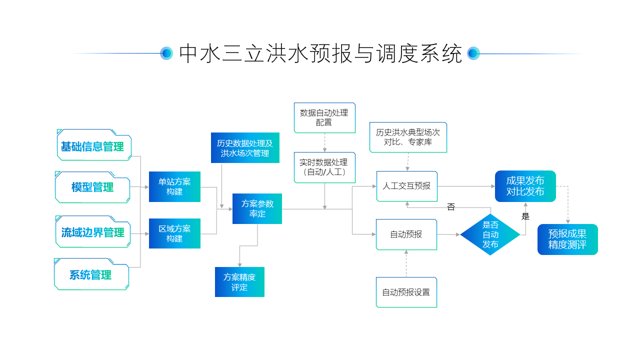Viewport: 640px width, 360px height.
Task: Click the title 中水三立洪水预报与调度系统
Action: coord(320,53)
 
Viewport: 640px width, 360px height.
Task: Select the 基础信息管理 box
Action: coord(93,146)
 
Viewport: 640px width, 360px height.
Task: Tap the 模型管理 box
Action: coord(92,187)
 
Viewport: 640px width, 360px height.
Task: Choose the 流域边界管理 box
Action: coord(92,232)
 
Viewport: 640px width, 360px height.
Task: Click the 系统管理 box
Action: coord(91,275)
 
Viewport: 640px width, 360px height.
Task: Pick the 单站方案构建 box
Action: coord(174,186)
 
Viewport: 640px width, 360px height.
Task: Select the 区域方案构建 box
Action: coord(174,233)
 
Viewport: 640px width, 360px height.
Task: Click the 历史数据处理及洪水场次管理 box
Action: coord(245,148)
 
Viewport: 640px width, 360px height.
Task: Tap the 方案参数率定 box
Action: coord(257,208)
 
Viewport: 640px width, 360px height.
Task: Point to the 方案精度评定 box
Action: coord(239,282)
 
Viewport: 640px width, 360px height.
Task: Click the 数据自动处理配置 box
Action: coord(324,117)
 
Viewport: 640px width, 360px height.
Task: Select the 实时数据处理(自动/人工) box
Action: coord(324,167)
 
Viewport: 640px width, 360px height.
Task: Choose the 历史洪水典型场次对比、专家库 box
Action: coord(408,137)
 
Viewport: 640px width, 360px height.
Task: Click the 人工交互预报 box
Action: coord(406,186)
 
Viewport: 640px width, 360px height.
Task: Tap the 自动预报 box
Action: coord(406,234)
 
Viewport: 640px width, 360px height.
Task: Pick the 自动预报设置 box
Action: coord(406,292)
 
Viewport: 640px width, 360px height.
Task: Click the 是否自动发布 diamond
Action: coord(490,234)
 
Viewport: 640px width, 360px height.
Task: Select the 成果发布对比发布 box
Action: coord(525,186)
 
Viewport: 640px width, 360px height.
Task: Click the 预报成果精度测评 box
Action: coord(567,239)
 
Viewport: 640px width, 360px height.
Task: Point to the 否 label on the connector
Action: coord(451,207)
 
